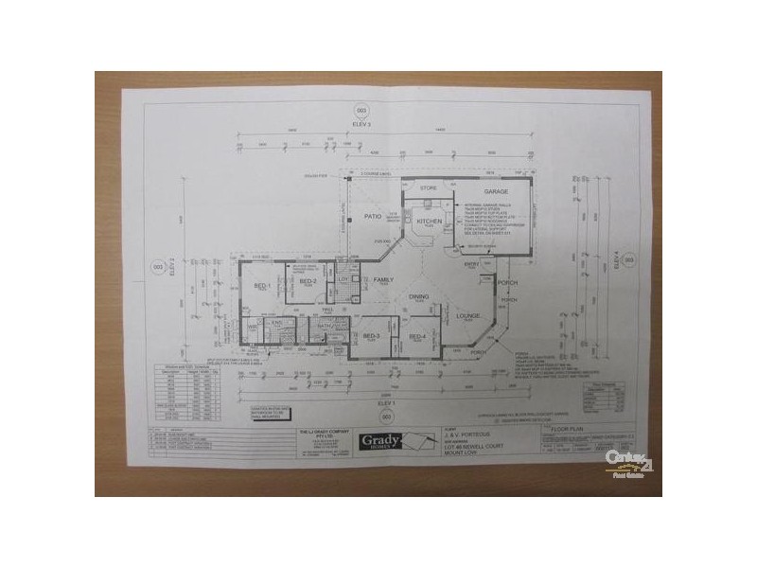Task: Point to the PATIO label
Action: pos(373,217)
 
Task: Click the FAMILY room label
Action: pos(382,280)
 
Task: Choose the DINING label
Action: pos(419,296)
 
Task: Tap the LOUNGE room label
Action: pos(468,315)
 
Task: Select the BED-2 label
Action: pos(307,281)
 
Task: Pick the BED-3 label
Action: pos(371,336)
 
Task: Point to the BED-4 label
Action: pos(416,336)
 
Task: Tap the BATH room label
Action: pos(323,327)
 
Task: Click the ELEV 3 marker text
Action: pos(359,123)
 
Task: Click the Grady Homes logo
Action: pos(378,442)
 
